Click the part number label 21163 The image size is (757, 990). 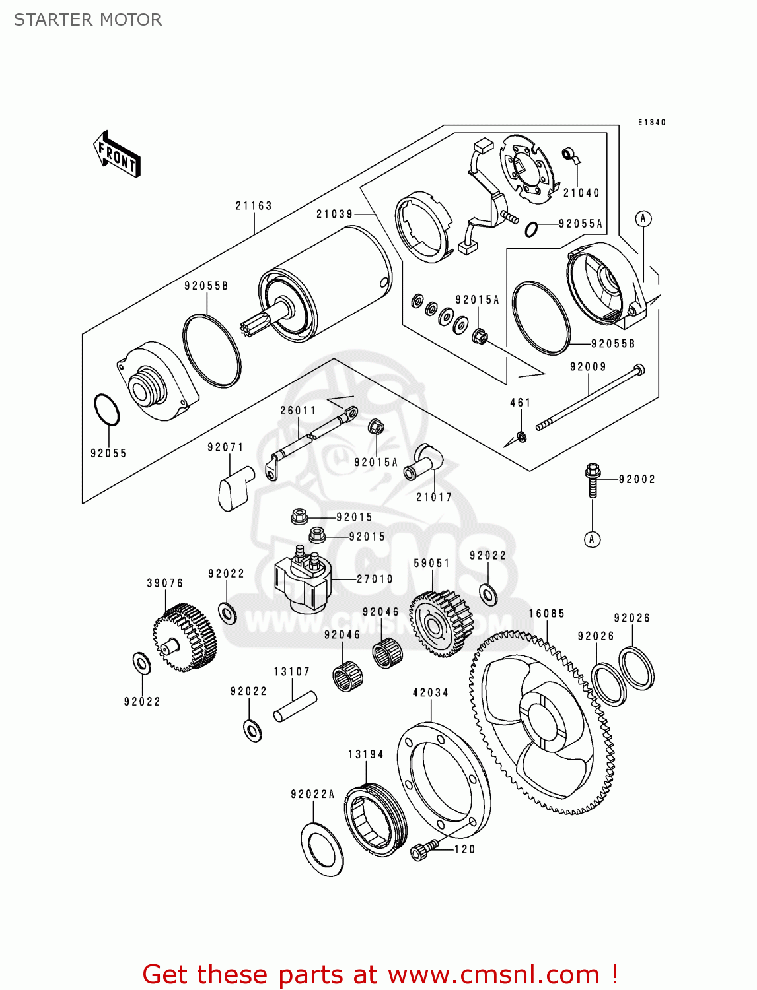point(254,206)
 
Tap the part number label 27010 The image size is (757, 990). point(375,579)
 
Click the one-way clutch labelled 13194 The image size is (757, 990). point(375,820)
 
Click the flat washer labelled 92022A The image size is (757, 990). point(322,849)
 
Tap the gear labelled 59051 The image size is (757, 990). point(441,624)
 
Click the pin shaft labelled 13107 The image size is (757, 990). point(295,706)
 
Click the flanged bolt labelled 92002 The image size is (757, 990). point(592,480)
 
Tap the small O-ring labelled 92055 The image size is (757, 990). point(107,411)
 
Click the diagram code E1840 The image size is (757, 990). point(651,123)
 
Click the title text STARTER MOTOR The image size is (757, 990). point(88,20)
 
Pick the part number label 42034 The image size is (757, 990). point(431,693)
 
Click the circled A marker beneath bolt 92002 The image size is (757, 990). point(592,539)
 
